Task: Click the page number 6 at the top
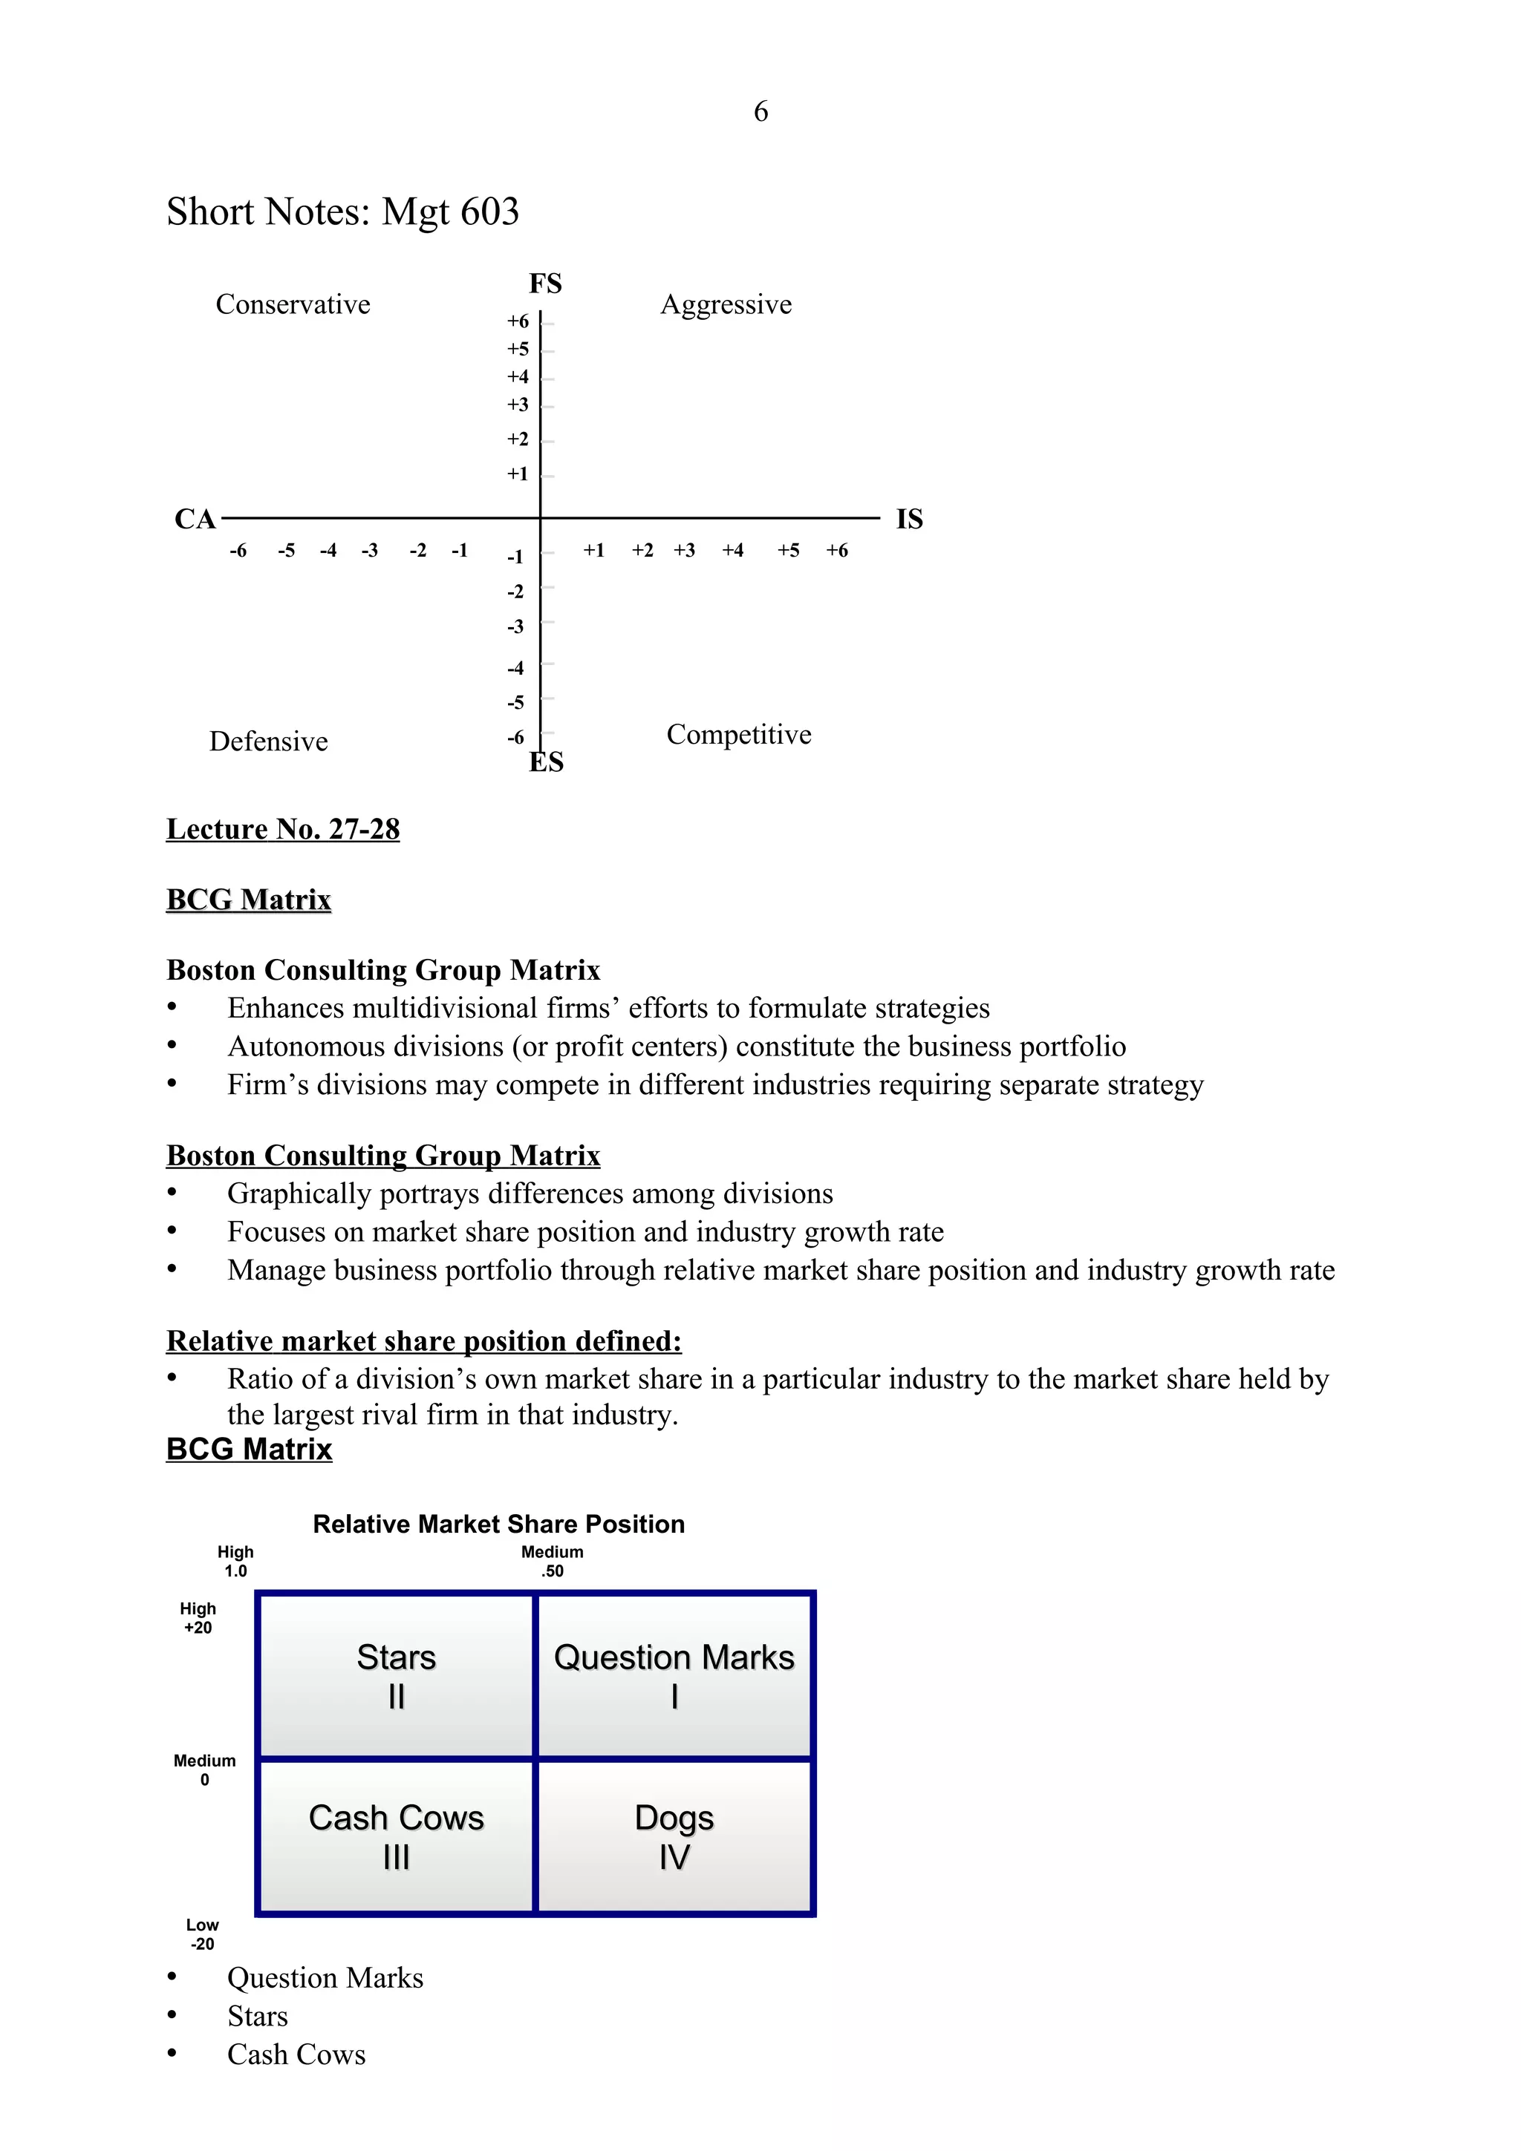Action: tap(760, 111)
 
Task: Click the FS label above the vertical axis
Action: tap(545, 283)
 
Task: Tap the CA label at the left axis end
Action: tap(195, 519)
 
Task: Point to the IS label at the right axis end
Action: tap(909, 519)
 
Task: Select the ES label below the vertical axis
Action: tap(547, 762)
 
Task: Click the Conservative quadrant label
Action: tap(293, 304)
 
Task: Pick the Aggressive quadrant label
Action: tap(726, 304)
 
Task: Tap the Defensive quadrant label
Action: tap(268, 741)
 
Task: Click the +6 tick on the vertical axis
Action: tap(518, 321)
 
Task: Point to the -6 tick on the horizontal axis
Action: tap(238, 551)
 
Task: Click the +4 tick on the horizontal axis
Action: tap(733, 551)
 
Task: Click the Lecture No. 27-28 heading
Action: tap(283, 829)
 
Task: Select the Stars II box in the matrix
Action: tap(397, 1675)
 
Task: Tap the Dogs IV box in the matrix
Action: tap(674, 1836)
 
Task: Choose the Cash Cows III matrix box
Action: tap(397, 1836)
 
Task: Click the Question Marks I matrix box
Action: tap(674, 1675)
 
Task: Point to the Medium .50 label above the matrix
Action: tap(552, 1562)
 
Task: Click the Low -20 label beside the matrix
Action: tap(203, 1934)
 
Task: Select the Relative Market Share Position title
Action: tap(498, 1525)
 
